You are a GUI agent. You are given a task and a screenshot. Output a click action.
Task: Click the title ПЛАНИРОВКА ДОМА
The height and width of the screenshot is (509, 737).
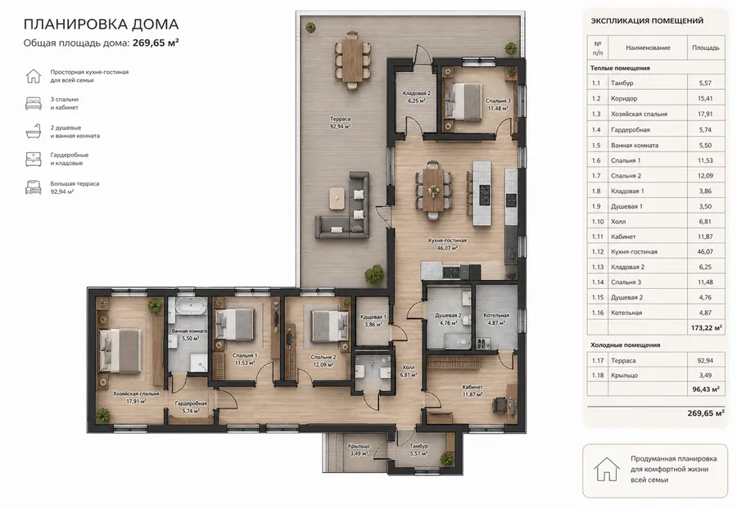point(101,24)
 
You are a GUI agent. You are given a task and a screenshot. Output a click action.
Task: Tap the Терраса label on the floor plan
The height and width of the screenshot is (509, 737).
point(340,119)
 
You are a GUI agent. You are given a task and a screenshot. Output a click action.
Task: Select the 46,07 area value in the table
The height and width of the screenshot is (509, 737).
point(705,252)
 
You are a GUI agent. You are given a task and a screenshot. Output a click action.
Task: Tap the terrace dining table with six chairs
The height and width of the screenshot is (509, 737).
point(352,60)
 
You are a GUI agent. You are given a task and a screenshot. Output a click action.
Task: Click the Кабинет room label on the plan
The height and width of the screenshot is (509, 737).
point(472,387)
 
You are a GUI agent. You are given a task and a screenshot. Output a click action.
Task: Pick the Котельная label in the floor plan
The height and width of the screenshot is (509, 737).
point(496,316)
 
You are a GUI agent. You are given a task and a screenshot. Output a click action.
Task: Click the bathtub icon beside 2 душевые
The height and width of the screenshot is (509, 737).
point(34,132)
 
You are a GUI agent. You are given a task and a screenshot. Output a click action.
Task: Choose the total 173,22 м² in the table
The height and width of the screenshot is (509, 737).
point(707,328)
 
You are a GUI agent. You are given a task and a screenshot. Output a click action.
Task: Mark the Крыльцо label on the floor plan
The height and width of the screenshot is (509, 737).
point(359,447)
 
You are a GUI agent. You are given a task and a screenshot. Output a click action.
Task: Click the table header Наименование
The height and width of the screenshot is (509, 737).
point(648,48)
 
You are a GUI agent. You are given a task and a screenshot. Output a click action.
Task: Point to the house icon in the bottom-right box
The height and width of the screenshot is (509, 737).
point(606,469)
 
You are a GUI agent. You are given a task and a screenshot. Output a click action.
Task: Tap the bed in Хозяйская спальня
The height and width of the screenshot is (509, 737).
point(120,350)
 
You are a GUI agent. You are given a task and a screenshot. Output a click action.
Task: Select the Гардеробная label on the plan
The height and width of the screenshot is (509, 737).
point(191,403)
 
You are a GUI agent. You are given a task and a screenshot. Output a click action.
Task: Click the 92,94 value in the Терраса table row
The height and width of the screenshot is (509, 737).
point(705,361)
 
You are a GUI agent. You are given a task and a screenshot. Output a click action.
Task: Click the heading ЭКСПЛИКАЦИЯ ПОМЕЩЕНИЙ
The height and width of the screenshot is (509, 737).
point(647,20)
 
